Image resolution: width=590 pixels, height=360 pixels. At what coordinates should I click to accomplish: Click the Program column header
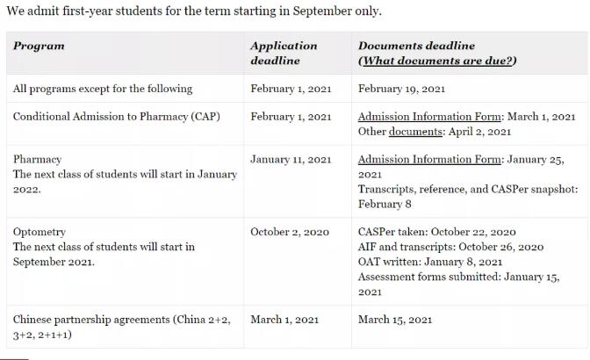[39, 46]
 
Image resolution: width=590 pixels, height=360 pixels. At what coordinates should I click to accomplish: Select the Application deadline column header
[283, 53]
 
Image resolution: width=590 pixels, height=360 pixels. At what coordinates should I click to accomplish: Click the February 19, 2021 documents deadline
[401, 89]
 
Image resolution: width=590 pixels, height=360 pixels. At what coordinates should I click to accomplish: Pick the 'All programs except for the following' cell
[103, 89]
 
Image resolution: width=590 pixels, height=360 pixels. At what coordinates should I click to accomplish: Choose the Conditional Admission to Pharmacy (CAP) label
[116, 117]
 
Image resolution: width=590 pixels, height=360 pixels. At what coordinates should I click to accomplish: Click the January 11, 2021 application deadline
[291, 160]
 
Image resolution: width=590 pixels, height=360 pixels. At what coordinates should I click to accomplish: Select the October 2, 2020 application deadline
[290, 232]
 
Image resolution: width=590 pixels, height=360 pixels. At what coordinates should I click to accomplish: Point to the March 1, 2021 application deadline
[284, 319]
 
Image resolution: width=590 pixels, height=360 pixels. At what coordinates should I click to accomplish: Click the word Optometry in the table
[40, 232]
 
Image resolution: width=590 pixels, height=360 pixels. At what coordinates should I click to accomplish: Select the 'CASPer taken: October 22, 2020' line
[436, 232]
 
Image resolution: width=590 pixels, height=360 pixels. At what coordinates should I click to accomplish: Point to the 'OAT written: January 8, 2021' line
[430, 262]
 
